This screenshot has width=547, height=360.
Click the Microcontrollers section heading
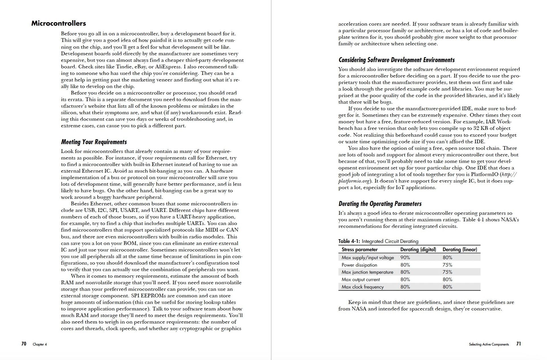pyautogui.click(x=58, y=23)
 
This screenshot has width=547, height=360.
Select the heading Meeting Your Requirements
pyautogui.click(x=94, y=142)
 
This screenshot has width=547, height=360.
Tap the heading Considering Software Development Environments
pyautogui.click(x=396, y=60)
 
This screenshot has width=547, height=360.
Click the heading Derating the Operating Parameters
pyautogui.click(x=380, y=204)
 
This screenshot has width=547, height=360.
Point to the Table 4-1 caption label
pyautogui.click(x=349, y=241)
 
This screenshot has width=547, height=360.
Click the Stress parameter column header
pyautogui.click(x=359, y=249)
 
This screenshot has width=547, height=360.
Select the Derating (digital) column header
pyautogui.click(x=418, y=249)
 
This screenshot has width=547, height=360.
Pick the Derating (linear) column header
pyautogui.click(x=460, y=249)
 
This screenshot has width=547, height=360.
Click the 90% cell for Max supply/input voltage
pyautogui.click(x=405, y=257)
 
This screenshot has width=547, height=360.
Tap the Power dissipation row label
pyautogui.click(x=359, y=265)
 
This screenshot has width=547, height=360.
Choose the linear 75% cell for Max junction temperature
pyautogui.click(x=447, y=272)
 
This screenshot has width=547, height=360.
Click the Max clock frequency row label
pyautogui.click(x=362, y=287)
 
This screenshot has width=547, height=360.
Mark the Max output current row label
pyautogui.click(x=360, y=280)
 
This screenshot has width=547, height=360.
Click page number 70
pyautogui.click(x=24, y=344)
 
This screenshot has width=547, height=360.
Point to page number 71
pyautogui.click(x=519, y=344)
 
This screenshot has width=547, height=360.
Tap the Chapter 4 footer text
pyautogui.click(x=40, y=344)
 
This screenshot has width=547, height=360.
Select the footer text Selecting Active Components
pyautogui.click(x=489, y=344)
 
